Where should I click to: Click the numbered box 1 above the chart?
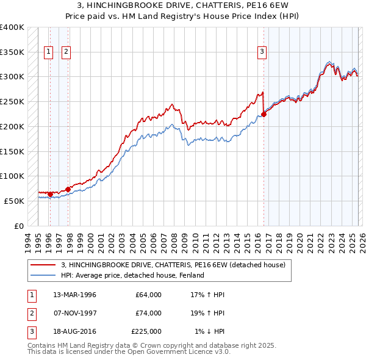click(x=48, y=52)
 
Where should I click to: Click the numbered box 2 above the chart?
click(x=66, y=52)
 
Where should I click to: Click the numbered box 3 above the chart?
click(x=262, y=52)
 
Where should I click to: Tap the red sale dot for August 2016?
click(x=264, y=113)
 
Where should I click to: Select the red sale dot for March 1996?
click(x=50, y=194)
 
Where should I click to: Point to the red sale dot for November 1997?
click(x=68, y=189)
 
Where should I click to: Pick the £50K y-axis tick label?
click(x=14, y=201)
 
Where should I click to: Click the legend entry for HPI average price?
click(x=132, y=275)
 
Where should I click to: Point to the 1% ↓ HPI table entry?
click(x=209, y=331)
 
